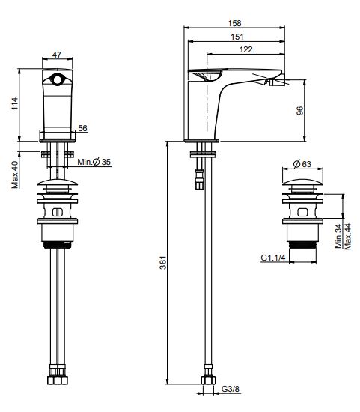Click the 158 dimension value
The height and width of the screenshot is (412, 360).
(234, 23)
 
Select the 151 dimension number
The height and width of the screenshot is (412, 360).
(237, 37)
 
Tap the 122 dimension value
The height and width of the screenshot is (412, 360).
(245, 49)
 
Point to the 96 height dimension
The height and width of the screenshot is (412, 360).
(299, 111)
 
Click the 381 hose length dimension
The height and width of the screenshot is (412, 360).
(163, 262)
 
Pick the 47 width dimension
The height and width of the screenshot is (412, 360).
(57, 55)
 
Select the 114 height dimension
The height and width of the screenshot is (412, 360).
(15, 104)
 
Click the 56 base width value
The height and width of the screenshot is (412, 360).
(82, 128)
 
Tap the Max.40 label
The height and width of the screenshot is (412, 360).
(15, 175)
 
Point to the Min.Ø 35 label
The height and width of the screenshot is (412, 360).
(94, 162)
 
